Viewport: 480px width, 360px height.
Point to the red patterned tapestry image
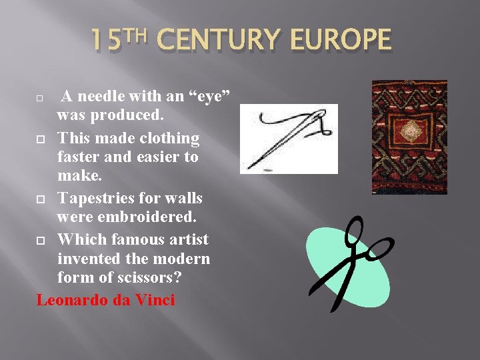pyautogui.click(x=400, y=137)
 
